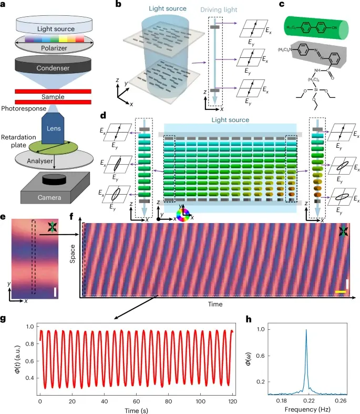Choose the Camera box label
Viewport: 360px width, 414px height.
[x=58, y=197]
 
